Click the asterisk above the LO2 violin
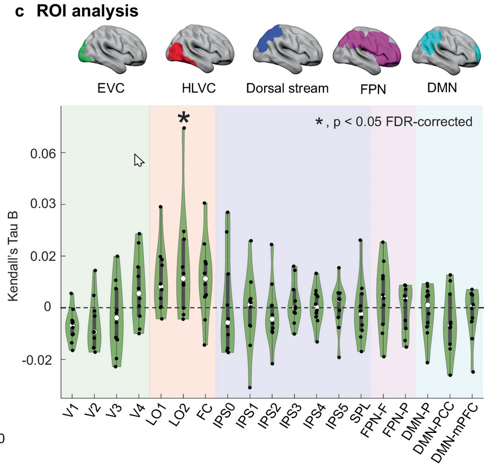[183, 118]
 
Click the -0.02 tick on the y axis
[37, 359]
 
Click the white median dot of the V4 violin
[139, 293]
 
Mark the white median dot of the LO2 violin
[183, 278]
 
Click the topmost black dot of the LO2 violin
[184, 128]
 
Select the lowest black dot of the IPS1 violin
[249, 387]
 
